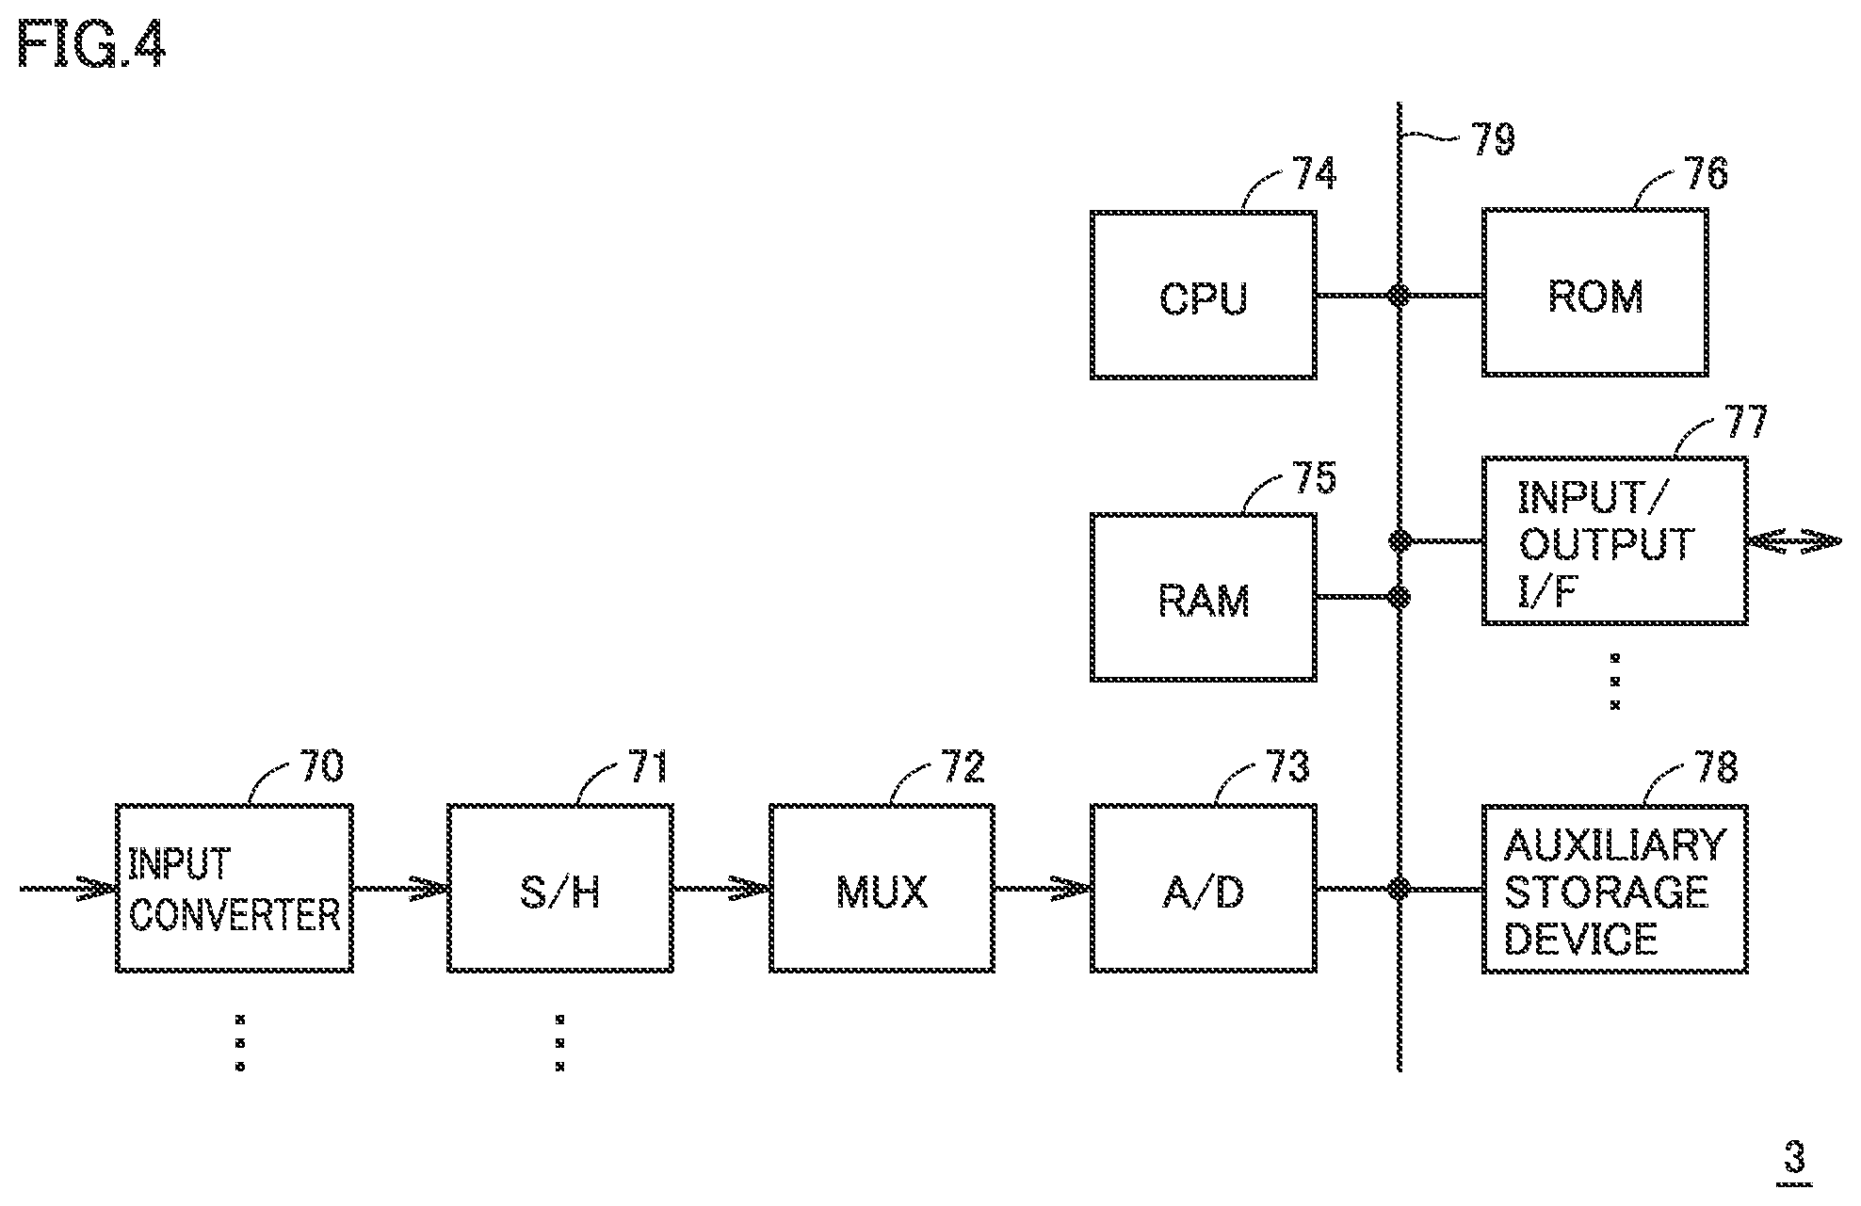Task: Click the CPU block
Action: (x=1203, y=295)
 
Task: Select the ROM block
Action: (x=1595, y=293)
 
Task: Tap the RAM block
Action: (x=1203, y=597)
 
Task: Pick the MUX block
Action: (x=882, y=889)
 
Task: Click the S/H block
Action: (x=559, y=889)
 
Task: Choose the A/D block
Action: (x=1203, y=889)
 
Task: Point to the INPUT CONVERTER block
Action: (x=234, y=889)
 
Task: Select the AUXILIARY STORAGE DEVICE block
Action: (x=1614, y=889)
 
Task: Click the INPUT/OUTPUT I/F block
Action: (x=1614, y=540)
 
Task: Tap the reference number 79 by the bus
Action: (x=1493, y=139)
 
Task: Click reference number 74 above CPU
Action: (x=1314, y=173)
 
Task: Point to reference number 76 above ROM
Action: (x=1706, y=173)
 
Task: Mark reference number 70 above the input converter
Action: (x=321, y=766)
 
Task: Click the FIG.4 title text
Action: (x=91, y=44)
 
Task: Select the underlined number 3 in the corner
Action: (x=1794, y=1158)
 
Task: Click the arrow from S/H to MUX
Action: (x=721, y=889)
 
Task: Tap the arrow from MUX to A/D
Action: (x=1043, y=889)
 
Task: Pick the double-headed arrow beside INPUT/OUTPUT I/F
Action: (x=1794, y=541)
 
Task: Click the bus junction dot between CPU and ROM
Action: (x=1400, y=296)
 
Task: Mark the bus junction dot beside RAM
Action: (x=1400, y=597)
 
